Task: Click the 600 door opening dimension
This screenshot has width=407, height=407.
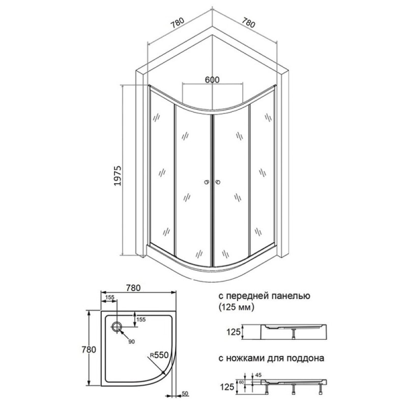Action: click(x=212, y=80)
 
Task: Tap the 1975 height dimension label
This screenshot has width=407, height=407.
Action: click(x=118, y=176)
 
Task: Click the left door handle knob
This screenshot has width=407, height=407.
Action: click(x=207, y=182)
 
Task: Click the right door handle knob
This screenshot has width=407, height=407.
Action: click(x=218, y=182)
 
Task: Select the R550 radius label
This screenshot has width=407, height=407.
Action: click(x=159, y=355)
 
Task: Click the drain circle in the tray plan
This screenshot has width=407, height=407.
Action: click(x=117, y=326)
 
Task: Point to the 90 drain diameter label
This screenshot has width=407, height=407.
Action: click(x=132, y=342)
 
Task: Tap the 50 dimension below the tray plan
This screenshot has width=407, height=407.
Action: click(x=185, y=394)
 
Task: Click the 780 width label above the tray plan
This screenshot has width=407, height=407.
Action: click(x=133, y=288)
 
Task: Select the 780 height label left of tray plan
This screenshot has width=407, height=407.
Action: click(x=89, y=350)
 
